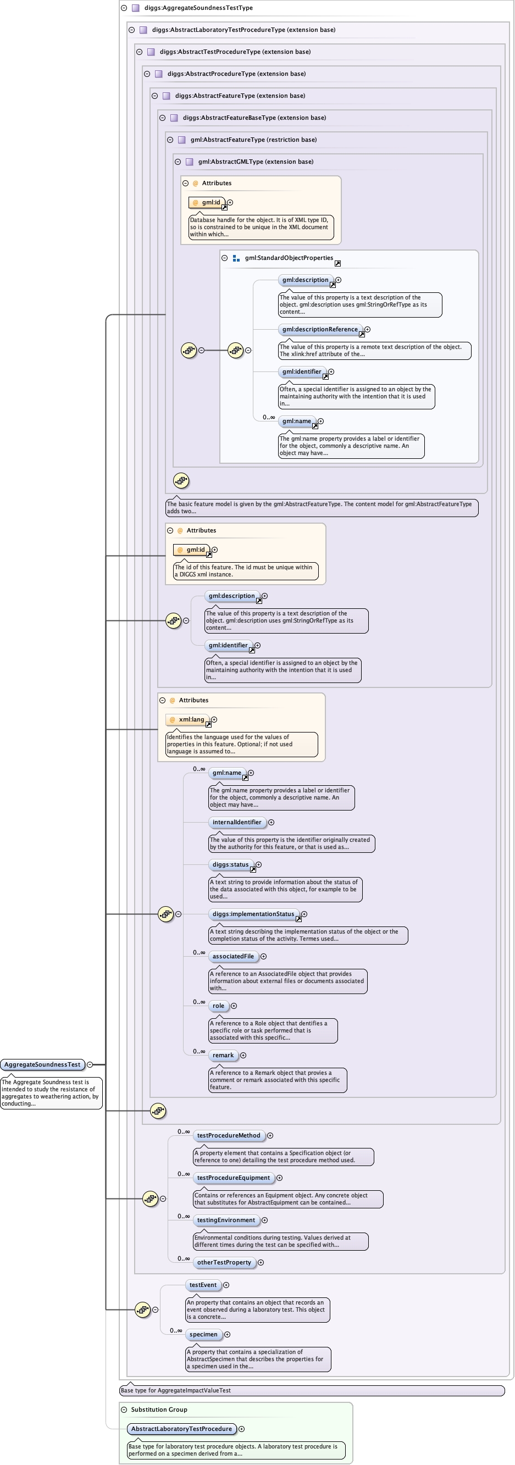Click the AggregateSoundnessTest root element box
[x=43, y=1064]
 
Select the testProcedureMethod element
[x=229, y=1135]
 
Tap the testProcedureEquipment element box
[x=233, y=1178]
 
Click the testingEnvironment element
[x=226, y=1220]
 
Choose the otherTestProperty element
[x=224, y=1263]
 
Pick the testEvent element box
[x=203, y=1285]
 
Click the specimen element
[x=203, y=1334]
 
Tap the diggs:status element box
[x=230, y=864]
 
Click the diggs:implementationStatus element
[x=253, y=914]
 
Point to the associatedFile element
[x=233, y=957]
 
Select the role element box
[x=219, y=1006]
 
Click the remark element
[x=223, y=1056]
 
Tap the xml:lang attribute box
[x=191, y=719]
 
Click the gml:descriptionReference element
[x=320, y=329]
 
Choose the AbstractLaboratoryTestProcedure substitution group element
[x=181, y=1429]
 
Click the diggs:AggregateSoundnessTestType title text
[x=198, y=8]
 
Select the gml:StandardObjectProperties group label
[x=289, y=258]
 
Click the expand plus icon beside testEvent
[x=226, y=1285]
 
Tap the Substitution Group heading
[x=159, y=1409]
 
